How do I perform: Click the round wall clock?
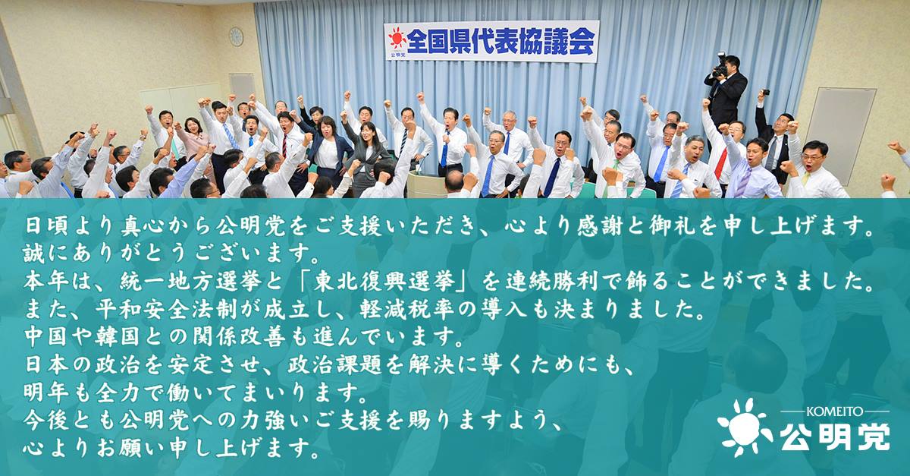236,36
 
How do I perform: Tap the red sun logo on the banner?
397,38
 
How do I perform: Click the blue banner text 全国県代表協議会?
501,41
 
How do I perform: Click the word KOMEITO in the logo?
835,411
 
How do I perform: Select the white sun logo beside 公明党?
745,427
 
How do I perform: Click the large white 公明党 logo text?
835,437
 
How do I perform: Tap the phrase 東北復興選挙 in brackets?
384,281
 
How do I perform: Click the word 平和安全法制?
167,309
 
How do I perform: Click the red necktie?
721,163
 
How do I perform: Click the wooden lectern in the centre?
425,184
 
